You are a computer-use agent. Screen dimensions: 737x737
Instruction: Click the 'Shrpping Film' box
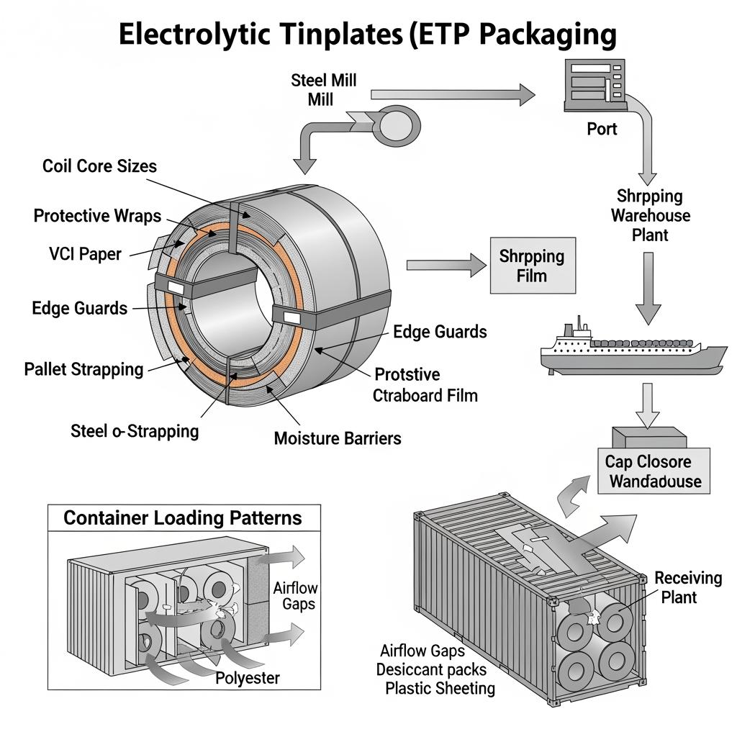click(533, 266)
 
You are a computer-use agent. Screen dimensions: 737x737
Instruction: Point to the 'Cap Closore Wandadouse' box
click(654, 471)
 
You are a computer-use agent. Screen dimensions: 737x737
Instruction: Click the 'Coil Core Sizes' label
click(99, 166)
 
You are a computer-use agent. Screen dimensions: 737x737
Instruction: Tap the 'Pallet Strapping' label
click(83, 369)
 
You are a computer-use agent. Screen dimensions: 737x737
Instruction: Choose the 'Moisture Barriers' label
click(338, 438)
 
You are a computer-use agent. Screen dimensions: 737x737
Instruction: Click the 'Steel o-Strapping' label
click(135, 431)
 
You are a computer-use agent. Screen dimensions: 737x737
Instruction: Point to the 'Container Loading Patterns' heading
click(183, 517)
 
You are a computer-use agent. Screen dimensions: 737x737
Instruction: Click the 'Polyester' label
click(248, 677)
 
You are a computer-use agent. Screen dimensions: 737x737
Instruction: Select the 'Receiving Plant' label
click(687, 587)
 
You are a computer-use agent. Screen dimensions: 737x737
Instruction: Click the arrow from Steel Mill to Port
click(453, 94)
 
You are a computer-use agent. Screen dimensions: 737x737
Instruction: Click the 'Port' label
click(601, 130)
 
